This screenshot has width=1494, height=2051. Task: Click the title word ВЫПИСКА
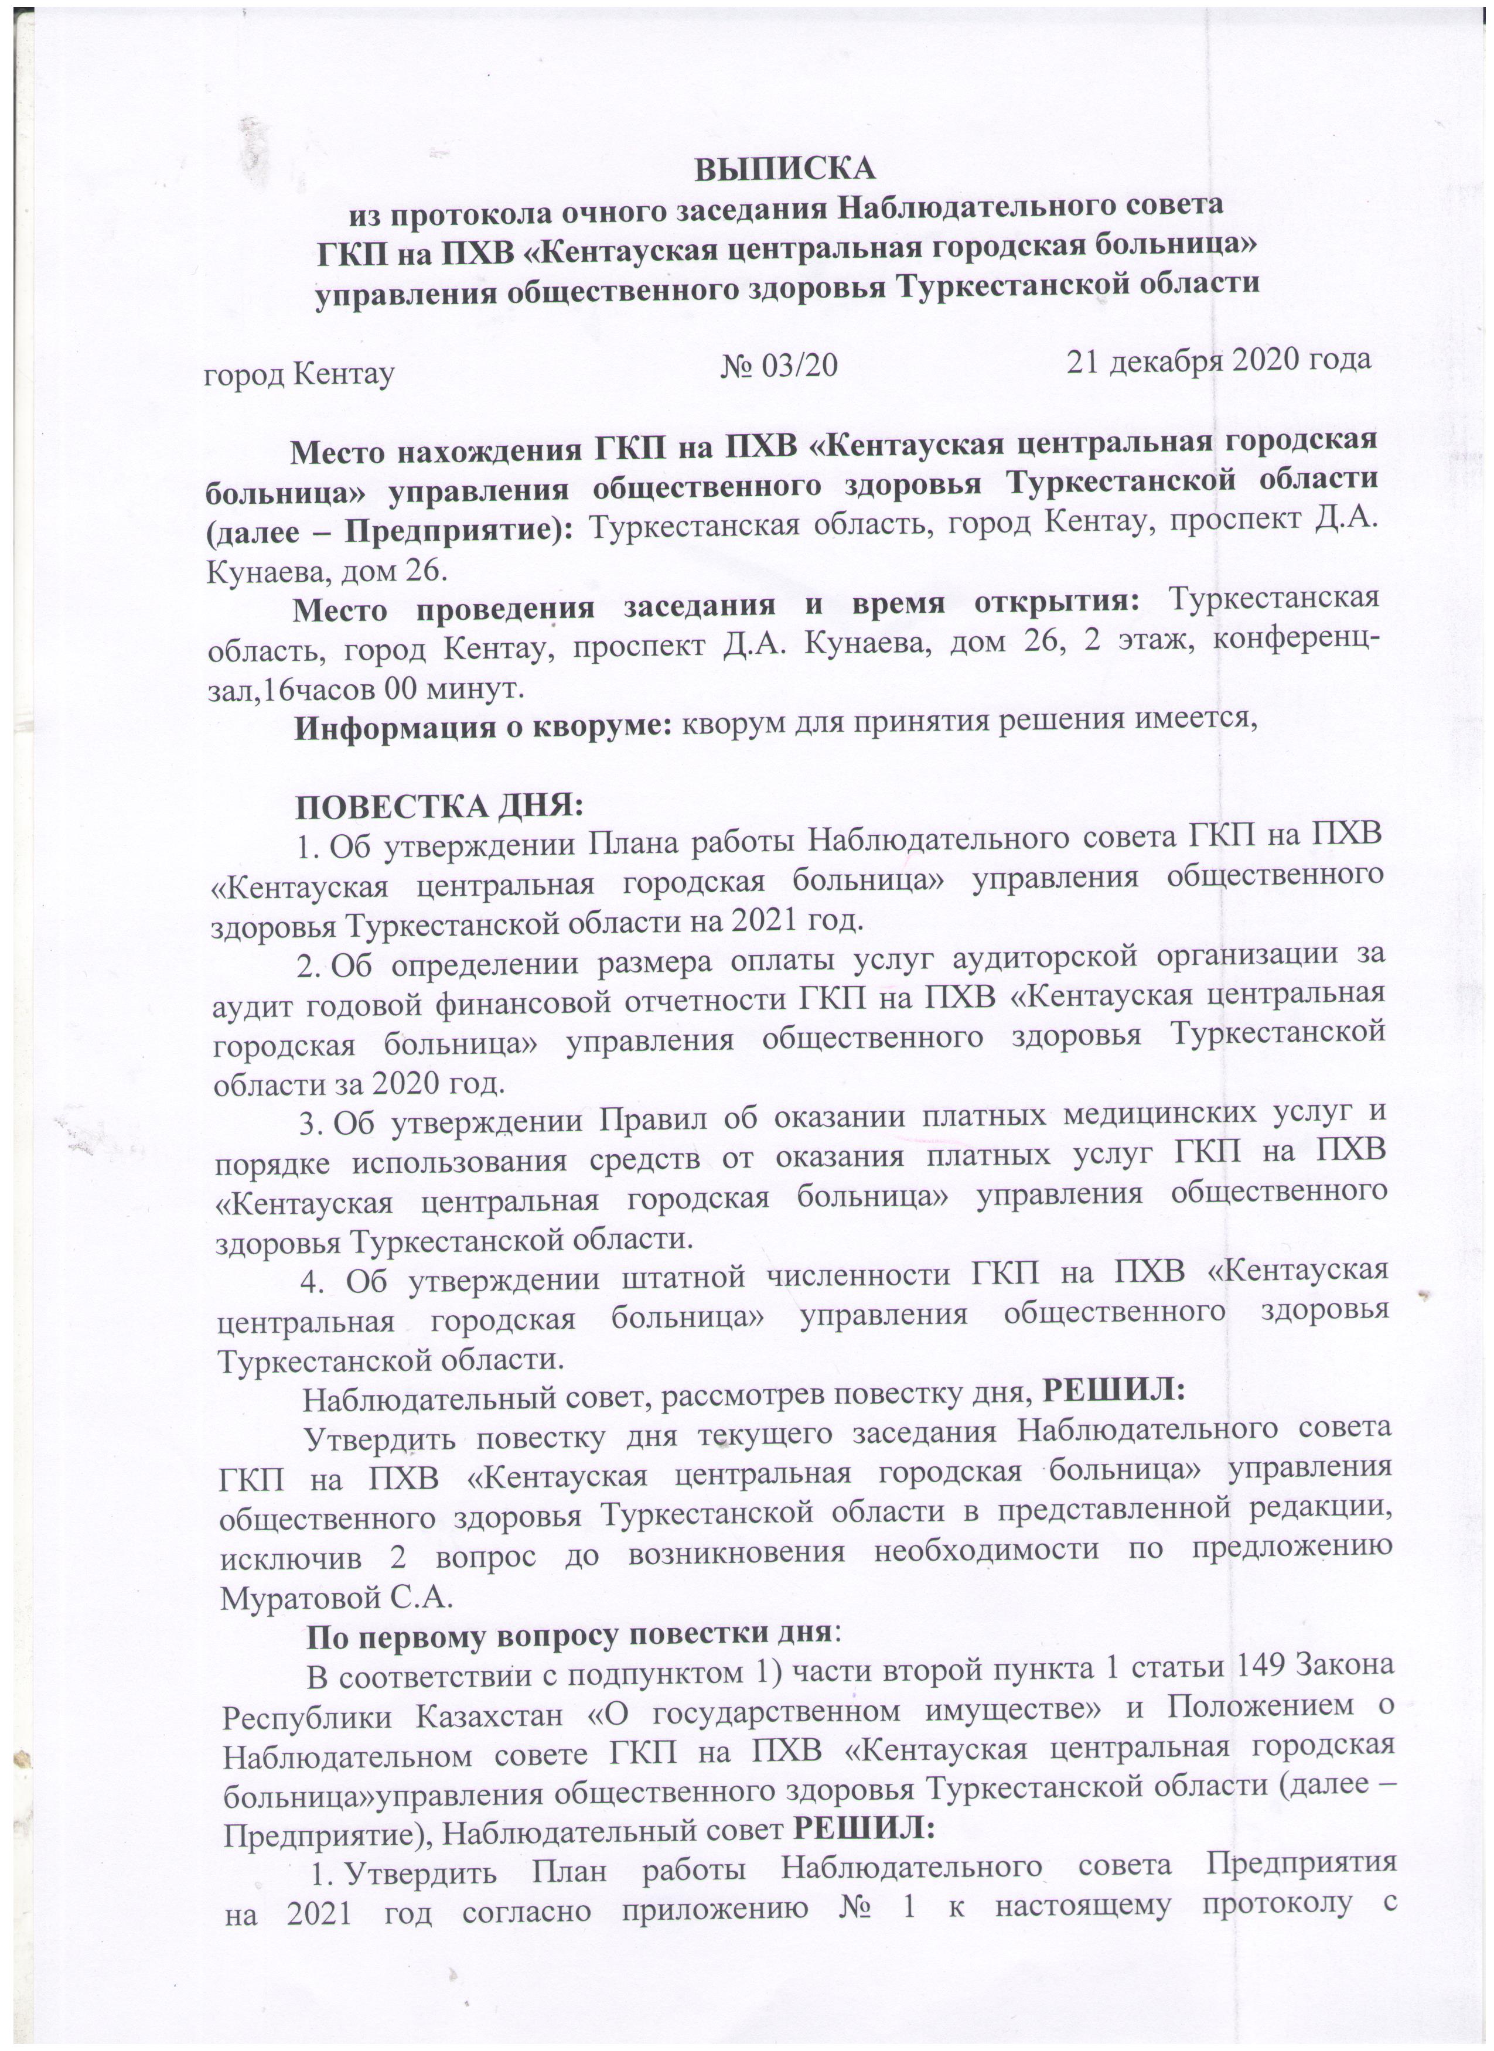(785, 169)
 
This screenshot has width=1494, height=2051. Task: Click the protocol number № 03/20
(780, 364)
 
